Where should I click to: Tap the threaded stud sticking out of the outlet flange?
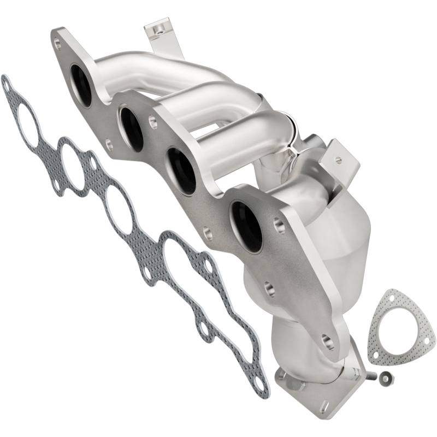373,375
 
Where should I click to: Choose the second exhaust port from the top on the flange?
132,128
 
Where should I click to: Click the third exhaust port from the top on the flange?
180,169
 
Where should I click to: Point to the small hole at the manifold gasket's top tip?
7,83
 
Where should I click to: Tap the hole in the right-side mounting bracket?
339,160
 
